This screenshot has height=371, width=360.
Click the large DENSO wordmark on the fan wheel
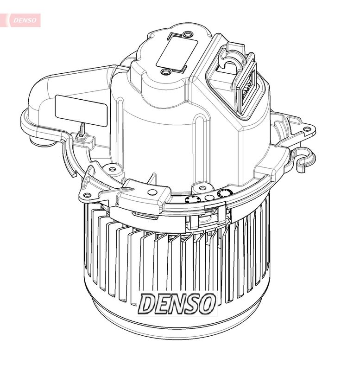177,303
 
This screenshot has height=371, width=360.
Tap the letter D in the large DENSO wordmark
148,304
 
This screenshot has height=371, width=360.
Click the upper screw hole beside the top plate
187,35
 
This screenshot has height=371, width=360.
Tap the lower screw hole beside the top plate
165,72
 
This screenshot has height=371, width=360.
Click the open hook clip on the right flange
303,155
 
